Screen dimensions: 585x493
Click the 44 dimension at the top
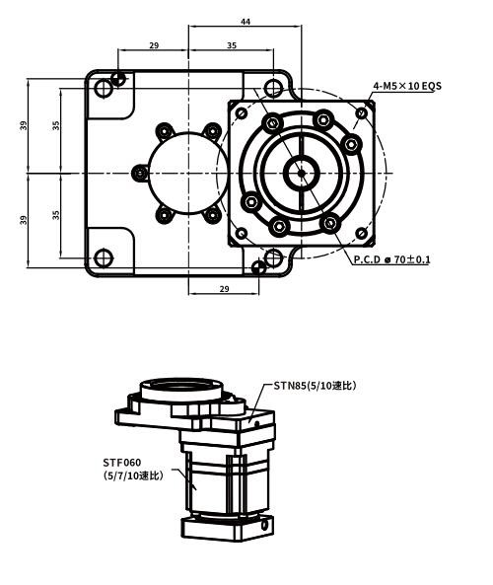pyautogui.click(x=244, y=21)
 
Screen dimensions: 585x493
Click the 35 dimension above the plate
pyautogui.click(x=231, y=45)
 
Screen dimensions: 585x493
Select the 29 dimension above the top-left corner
pyautogui.click(x=153, y=45)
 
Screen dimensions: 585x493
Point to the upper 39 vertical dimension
pyautogui.click(x=23, y=126)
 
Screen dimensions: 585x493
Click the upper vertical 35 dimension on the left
pyautogui.click(x=56, y=126)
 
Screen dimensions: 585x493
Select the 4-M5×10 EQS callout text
pyautogui.click(x=406, y=86)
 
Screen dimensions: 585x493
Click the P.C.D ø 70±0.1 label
pyautogui.click(x=392, y=259)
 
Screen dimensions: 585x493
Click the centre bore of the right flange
pyautogui.click(x=299, y=174)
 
